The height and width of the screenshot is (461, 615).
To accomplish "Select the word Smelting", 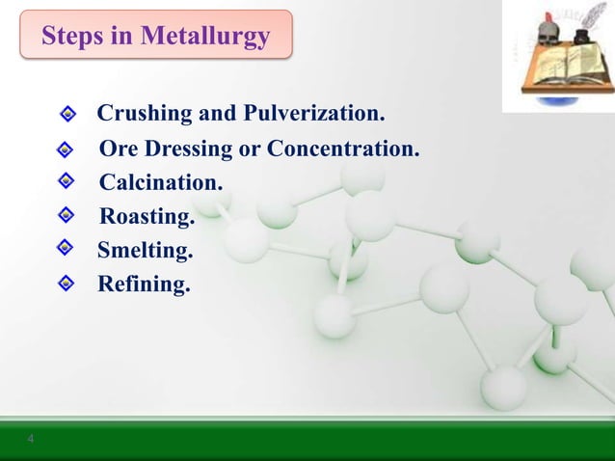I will click(145, 251).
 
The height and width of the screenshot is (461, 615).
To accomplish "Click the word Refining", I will click(144, 285).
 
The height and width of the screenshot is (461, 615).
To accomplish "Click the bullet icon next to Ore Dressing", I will click(64, 150).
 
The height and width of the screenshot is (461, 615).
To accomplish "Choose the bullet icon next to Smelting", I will click(64, 248).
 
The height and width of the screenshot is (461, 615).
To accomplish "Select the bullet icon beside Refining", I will click(64, 283).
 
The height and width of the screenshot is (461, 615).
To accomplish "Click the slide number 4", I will click(30, 440).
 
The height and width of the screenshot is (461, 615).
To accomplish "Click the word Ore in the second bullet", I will click(118, 150).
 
